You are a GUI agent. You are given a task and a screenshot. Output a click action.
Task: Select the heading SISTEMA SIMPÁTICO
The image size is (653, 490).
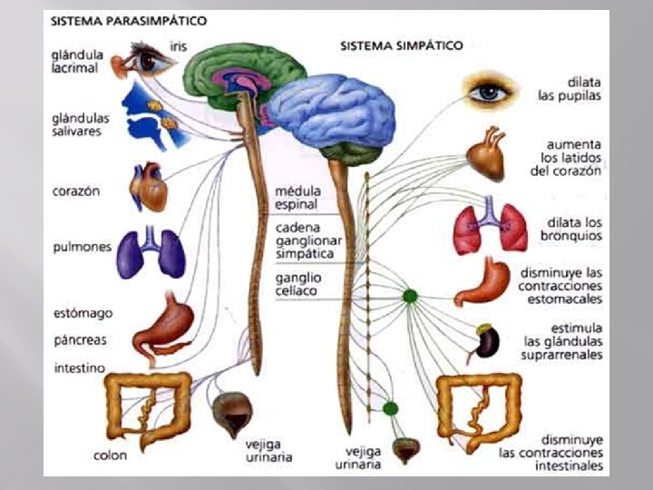[401, 44]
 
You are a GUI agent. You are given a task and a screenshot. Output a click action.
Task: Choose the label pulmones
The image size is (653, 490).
[77, 246]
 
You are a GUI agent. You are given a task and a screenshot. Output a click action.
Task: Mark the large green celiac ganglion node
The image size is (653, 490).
[410, 296]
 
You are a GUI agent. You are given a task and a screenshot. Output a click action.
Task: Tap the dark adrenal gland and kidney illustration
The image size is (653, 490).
[488, 340]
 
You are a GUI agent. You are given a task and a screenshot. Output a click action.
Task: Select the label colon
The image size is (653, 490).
[109, 456]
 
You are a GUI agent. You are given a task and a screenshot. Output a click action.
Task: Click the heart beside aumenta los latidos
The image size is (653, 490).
[491, 152]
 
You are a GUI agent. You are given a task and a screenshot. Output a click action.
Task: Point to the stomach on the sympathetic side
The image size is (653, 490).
[485, 284]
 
